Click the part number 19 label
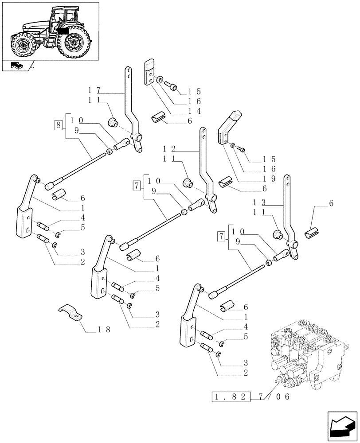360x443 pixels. pos(270,179)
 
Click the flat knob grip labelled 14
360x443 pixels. pos(149,72)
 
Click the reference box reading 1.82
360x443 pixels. pos(232,397)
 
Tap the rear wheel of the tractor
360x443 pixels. pos(72,41)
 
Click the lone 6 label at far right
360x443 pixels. pos(331,203)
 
